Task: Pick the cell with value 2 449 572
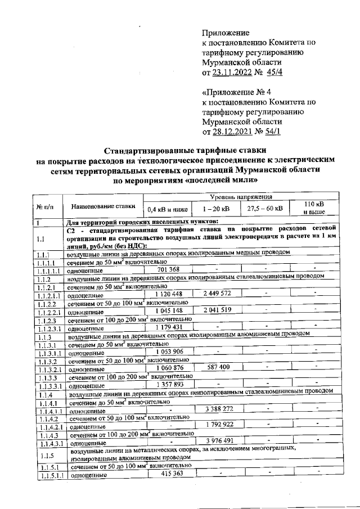click(x=217, y=294)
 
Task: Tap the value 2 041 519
click(x=217, y=309)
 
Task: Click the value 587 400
click(x=217, y=367)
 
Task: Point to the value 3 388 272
click(x=217, y=409)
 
